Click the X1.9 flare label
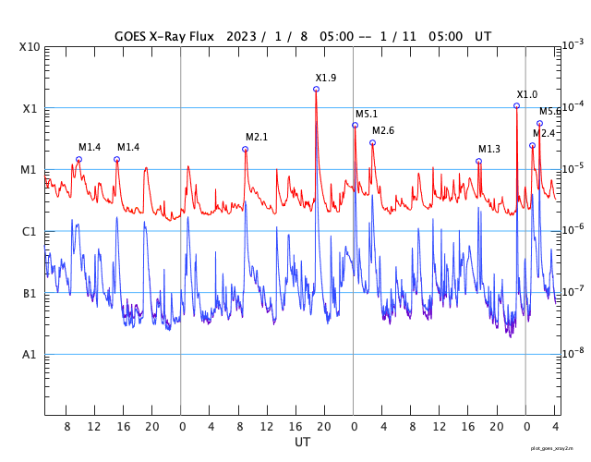(x=326, y=78)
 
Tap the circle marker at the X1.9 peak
(x=316, y=89)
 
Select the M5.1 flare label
(x=367, y=114)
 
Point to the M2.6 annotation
(x=383, y=130)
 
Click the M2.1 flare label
(x=257, y=137)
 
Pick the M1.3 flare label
(x=489, y=149)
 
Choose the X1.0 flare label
(x=527, y=94)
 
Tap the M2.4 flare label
(x=544, y=133)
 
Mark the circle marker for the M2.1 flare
(x=245, y=149)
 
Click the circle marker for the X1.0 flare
(x=516, y=105)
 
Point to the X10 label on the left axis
(x=30, y=47)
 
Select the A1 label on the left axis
(x=30, y=355)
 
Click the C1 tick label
(x=30, y=232)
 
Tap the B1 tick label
(x=30, y=294)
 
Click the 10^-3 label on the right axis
(x=573, y=44)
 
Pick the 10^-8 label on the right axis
(x=573, y=352)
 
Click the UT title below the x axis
(x=302, y=443)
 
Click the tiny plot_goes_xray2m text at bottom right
(x=559, y=446)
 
